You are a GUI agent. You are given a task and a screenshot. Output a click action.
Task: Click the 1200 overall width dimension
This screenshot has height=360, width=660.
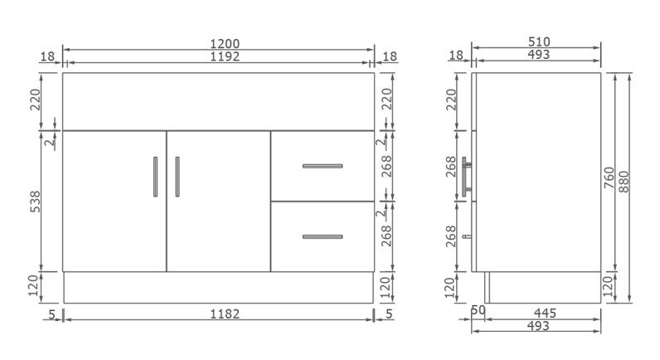(x=219, y=42)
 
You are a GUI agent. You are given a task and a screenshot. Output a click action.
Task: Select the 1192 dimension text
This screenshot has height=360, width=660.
(x=219, y=56)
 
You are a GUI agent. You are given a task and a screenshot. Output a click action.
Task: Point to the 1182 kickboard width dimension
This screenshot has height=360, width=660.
(x=219, y=314)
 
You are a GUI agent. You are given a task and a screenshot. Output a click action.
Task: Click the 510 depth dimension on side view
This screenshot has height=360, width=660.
(x=539, y=42)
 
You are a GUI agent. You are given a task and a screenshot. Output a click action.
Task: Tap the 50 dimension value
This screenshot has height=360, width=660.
(x=478, y=311)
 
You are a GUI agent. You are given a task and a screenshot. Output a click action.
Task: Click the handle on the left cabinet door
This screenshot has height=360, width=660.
(x=155, y=177)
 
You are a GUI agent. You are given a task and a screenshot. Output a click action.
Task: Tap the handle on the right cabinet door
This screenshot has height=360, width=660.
(x=177, y=177)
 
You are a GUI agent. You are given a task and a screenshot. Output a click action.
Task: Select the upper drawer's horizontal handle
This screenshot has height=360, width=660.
(x=323, y=166)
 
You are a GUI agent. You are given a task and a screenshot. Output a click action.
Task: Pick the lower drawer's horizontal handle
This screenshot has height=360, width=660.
(x=323, y=237)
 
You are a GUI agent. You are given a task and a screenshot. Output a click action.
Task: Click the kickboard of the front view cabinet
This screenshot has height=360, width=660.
(x=219, y=287)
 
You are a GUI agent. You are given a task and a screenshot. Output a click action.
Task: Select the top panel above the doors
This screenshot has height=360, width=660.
(x=219, y=101)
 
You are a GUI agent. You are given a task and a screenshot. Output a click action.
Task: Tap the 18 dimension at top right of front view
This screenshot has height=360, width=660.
(x=391, y=56)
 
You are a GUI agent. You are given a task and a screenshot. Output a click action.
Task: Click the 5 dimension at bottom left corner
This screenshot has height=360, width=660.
(x=51, y=314)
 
